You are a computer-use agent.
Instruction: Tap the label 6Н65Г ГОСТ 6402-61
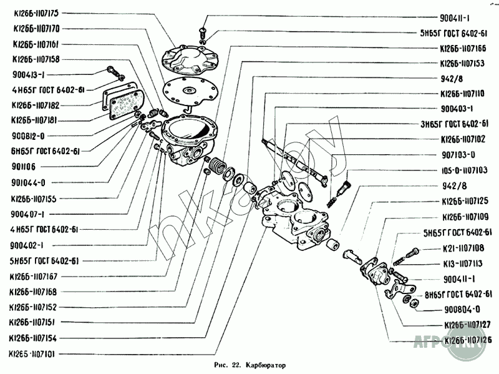pyautogui.click(x=46, y=150)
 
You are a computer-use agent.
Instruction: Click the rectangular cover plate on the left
pyautogui.click(x=122, y=103)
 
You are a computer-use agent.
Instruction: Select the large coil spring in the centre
pyautogui.click(x=218, y=168)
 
